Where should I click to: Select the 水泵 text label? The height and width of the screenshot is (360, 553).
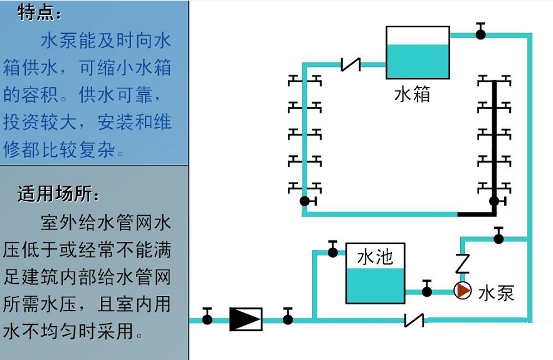point(496,293)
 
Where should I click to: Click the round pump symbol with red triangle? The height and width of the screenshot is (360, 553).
point(463,290)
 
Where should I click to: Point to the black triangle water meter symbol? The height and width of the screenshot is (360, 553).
point(246,319)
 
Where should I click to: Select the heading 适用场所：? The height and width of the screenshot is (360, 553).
point(58,194)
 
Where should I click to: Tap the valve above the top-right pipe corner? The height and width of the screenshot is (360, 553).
point(480,32)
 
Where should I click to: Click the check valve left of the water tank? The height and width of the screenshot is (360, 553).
point(351,64)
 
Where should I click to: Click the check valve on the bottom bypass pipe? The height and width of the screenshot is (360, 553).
point(414,320)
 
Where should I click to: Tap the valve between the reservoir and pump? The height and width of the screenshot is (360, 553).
point(427,290)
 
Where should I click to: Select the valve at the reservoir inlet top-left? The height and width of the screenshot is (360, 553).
point(333,250)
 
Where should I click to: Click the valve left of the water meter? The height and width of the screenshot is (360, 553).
point(208,317)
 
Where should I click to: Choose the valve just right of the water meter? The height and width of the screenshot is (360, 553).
point(288,317)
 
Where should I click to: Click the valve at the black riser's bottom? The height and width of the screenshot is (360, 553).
point(494,201)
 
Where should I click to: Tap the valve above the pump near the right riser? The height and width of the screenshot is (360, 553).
point(498,236)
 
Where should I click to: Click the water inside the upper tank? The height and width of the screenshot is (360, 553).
point(418,61)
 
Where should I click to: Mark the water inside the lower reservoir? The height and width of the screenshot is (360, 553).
point(375,285)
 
